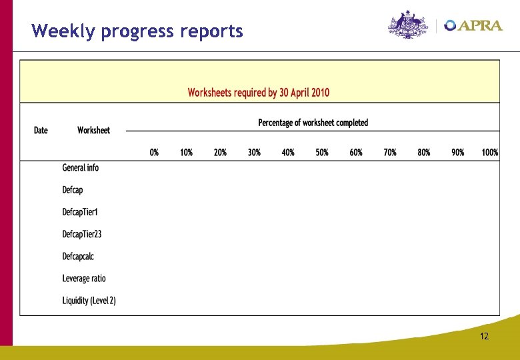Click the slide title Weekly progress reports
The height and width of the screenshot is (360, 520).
(x=137, y=31)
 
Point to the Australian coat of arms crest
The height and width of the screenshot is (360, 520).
(x=406, y=25)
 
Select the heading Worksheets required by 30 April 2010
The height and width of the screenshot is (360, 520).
(x=258, y=93)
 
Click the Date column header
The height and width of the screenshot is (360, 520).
(x=41, y=130)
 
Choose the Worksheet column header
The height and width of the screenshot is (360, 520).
(x=93, y=130)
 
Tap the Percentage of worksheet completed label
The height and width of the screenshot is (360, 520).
(x=313, y=123)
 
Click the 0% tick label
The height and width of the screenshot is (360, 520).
(x=154, y=152)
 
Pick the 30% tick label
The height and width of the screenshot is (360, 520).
(x=254, y=152)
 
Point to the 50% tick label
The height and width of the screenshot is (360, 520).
(x=322, y=152)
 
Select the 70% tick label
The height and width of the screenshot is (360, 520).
(x=390, y=152)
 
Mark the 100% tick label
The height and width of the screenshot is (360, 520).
(x=489, y=152)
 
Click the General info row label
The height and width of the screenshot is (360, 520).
(x=81, y=168)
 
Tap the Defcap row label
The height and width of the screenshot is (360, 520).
(x=73, y=190)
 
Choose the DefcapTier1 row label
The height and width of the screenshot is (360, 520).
(x=81, y=212)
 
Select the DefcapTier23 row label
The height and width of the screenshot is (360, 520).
(x=82, y=234)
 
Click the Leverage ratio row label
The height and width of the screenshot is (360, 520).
(x=84, y=278)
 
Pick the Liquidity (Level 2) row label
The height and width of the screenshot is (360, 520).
(x=89, y=301)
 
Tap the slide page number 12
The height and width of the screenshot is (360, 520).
(x=484, y=336)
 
